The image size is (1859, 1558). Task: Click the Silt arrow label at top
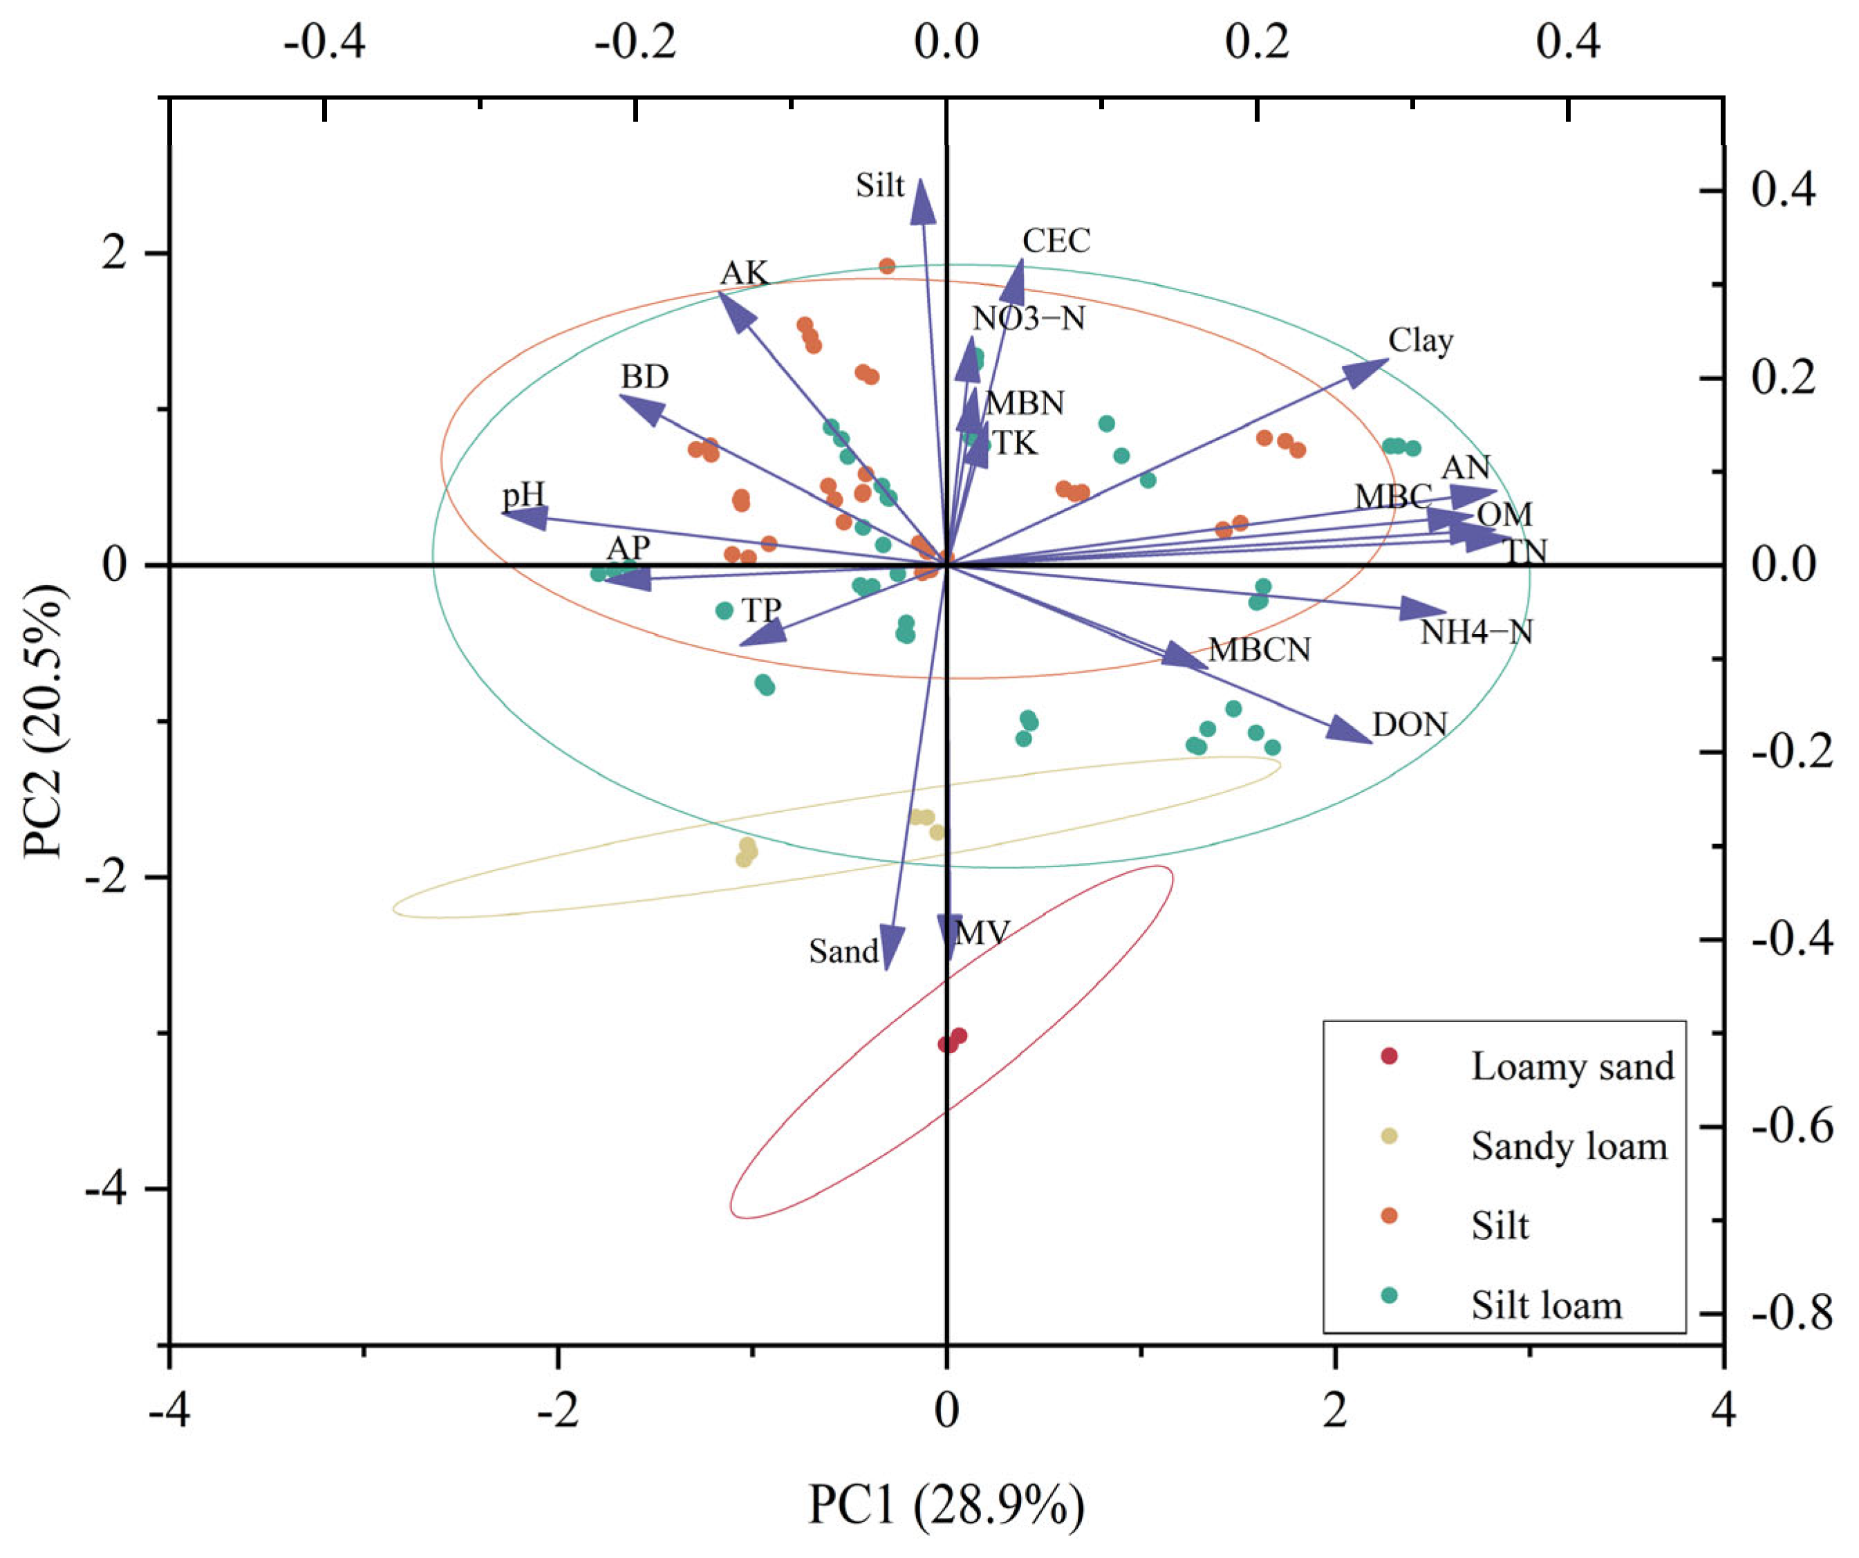pos(879,185)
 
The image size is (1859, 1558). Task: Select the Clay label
pos(1420,340)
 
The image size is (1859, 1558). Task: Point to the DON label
pos(1410,725)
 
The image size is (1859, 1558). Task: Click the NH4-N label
pos(1476,632)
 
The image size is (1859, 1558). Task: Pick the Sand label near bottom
pos(843,952)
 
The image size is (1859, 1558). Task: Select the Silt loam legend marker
pos(1389,1296)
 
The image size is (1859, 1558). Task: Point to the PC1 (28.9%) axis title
pos(946,1505)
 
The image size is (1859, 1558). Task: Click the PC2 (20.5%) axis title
pos(44,721)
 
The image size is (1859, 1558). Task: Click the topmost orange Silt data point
pos(887,266)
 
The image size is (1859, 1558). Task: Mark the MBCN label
pos(1259,650)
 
